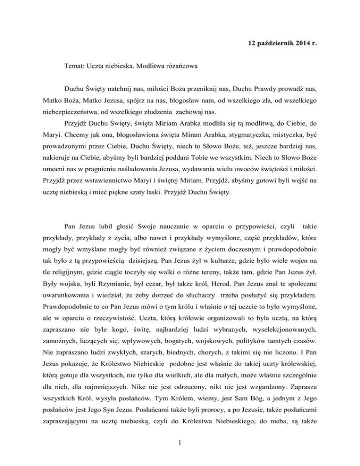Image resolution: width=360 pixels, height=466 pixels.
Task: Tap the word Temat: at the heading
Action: (x=76, y=68)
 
